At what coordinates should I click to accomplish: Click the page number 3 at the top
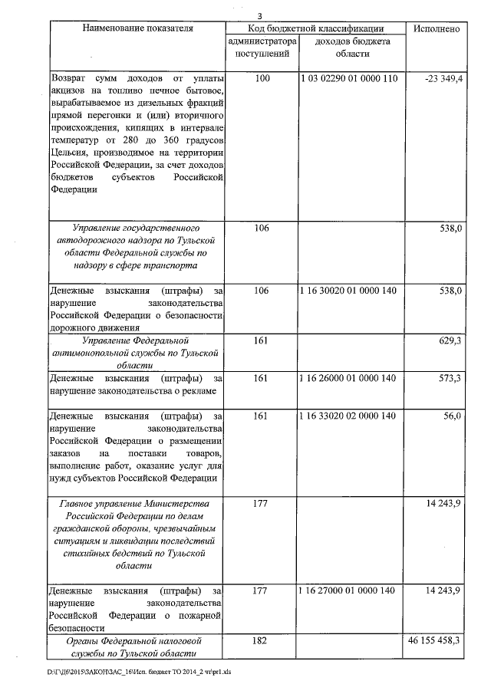pyautogui.click(x=259, y=15)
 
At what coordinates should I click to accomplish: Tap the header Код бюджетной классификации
pyautogui.click(x=314, y=28)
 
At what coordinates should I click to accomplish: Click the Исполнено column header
pyautogui.click(x=436, y=28)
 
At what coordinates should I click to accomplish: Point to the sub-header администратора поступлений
pyautogui.click(x=262, y=48)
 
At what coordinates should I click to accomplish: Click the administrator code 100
pyautogui.click(x=262, y=79)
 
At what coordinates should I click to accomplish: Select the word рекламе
pyautogui.click(x=196, y=391)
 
